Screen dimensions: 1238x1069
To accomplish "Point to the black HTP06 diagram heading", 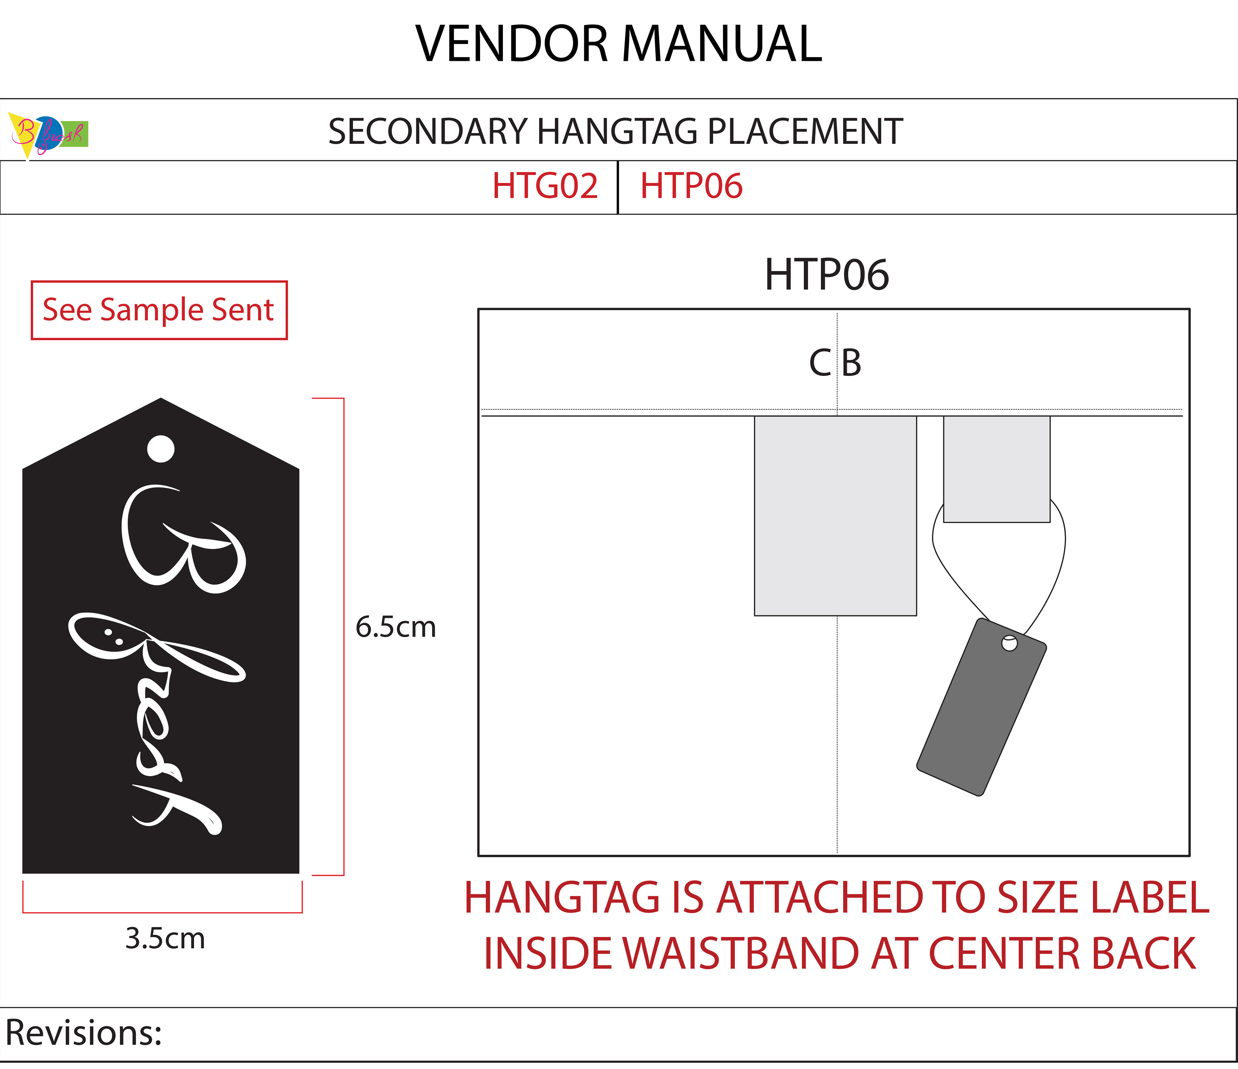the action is point(827,275).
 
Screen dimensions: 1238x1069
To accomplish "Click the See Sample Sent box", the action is point(159,310).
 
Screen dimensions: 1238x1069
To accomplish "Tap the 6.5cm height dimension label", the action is point(396,627).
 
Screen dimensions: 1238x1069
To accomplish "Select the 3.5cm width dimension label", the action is point(165,938).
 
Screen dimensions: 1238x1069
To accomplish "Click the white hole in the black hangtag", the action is point(161,448).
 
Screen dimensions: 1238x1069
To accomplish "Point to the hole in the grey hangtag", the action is point(1009,643).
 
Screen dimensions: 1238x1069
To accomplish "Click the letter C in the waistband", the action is point(820,363).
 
